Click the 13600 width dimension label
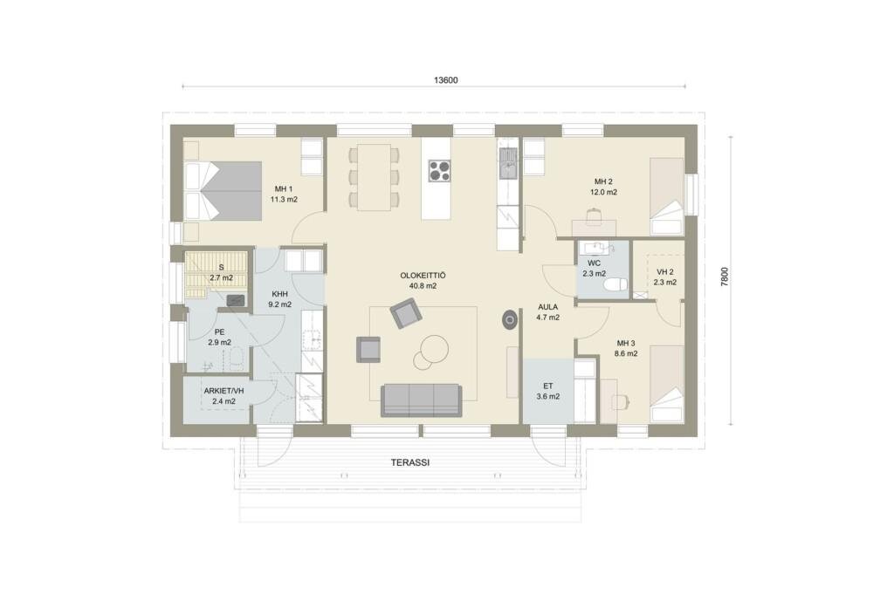coord(445,80)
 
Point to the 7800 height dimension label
coord(725,277)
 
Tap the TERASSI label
coord(410,462)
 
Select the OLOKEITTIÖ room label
coord(423,276)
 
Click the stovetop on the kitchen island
coord(439,170)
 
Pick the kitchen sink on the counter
coord(507,161)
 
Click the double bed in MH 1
coord(223,191)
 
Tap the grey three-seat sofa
coord(422,400)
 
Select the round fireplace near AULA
coord(510,319)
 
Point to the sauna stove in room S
coord(236,300)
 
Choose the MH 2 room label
coord(603,181)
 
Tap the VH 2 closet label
coord(664,271)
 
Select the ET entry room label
coord(548,386)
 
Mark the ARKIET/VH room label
coord(223,391)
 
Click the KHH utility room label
coord(280,294)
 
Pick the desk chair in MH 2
coord(594,215)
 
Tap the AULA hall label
coord(548,307)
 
